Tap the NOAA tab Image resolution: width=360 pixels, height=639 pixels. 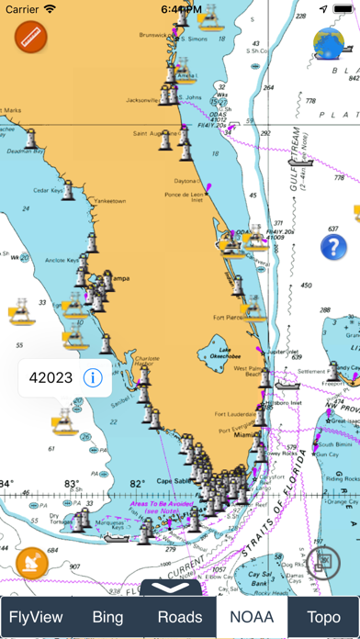pos(252,617)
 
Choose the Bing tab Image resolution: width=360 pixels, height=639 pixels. pos(108,617)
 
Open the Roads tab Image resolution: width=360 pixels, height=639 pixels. pos(180,617)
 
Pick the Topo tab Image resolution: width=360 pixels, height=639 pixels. pos(323,617)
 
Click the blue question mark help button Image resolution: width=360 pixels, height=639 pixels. pos(333,247)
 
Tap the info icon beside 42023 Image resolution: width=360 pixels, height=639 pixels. pos(91,376)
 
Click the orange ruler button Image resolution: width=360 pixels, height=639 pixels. pos(30,38)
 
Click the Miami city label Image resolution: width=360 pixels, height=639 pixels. pos(244,435)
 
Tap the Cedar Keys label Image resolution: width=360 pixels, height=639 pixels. pos(50,191)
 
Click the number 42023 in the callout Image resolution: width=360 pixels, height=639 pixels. pos(49,376)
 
